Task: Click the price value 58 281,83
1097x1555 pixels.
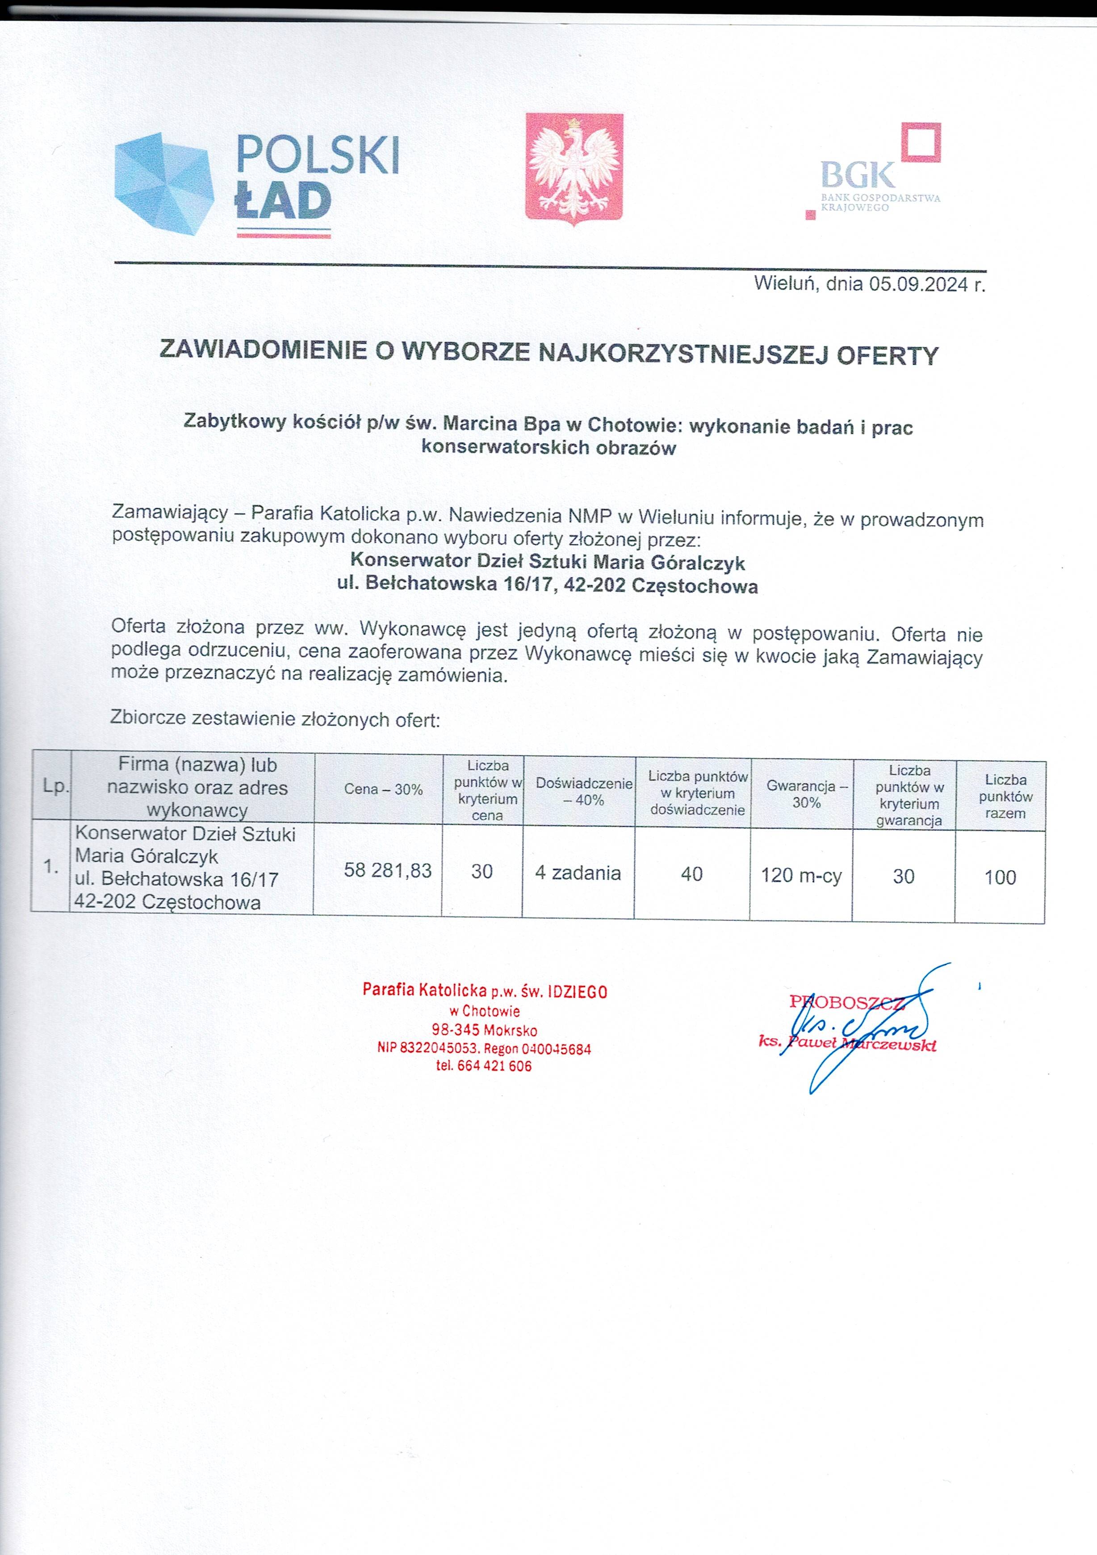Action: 388,870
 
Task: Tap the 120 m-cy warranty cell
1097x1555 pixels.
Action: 801,875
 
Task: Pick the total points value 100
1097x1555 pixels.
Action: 1000,878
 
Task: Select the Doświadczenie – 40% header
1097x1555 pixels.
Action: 584,791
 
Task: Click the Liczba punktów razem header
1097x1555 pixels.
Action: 1005,796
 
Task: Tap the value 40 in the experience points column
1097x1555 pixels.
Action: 692,874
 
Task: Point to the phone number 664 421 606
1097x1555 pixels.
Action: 494,1066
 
